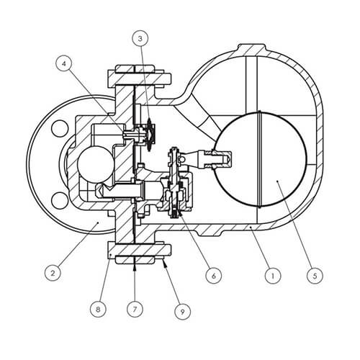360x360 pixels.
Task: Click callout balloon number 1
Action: pyautogui.click(x=273, y=276)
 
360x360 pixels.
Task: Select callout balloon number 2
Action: pyautogui.click(x=53, y=272)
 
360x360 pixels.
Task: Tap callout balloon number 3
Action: pyautogui.click(x=140, y=39)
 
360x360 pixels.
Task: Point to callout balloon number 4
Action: pyautogui.click(x=63, y=64)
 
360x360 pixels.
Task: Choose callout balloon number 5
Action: pyautogui.click(x=315, y=276)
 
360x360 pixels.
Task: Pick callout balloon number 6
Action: pyautogui.click(x=214, y=276)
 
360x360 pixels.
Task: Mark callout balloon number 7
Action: pyautogui.click(x=135, y=309)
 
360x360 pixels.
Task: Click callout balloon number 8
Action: pyautogui.click(x=98, y=309)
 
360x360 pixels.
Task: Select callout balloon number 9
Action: pyautogui.click(x=183, y=311)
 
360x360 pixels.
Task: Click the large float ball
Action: pyautogui.click(x=261, y=159)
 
